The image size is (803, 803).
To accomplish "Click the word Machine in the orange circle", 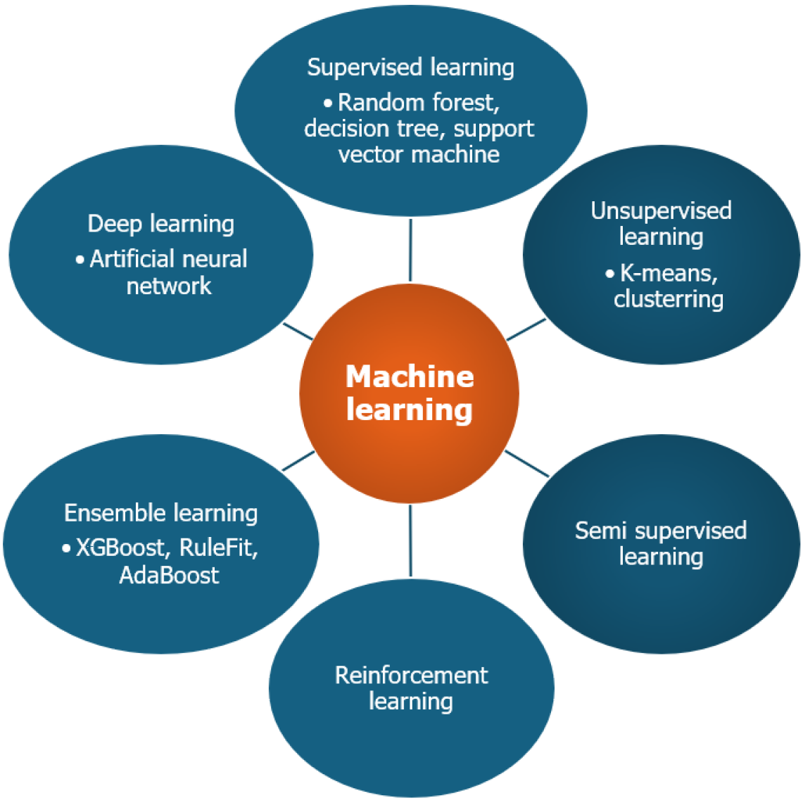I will pos(410,377).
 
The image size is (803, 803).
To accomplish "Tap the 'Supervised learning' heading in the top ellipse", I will pos(410,68).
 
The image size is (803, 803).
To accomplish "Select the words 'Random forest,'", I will pos(419,103).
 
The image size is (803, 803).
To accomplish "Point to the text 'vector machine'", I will pos(419,154).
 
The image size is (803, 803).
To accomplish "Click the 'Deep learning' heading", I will pos(160,224).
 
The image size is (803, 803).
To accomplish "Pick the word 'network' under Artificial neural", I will pos(169,286).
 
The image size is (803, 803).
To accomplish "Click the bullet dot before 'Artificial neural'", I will pos(80,260).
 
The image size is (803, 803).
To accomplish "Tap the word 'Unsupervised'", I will pos(661,210).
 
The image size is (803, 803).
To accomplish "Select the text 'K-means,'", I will pos(669,273).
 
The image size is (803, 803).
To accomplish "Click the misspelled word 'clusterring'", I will pos(669,299).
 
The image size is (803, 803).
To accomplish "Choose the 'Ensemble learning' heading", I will pos(160,513).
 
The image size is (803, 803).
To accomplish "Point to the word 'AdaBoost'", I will pos(169,575).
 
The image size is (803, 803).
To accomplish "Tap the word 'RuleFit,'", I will pos(219,548).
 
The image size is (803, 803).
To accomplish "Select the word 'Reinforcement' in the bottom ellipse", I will pos(411,676).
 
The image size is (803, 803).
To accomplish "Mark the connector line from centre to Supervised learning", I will pos(410,250).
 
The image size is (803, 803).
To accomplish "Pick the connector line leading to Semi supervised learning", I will pos(526,464).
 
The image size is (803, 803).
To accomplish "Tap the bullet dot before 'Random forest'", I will pos(328,103).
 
